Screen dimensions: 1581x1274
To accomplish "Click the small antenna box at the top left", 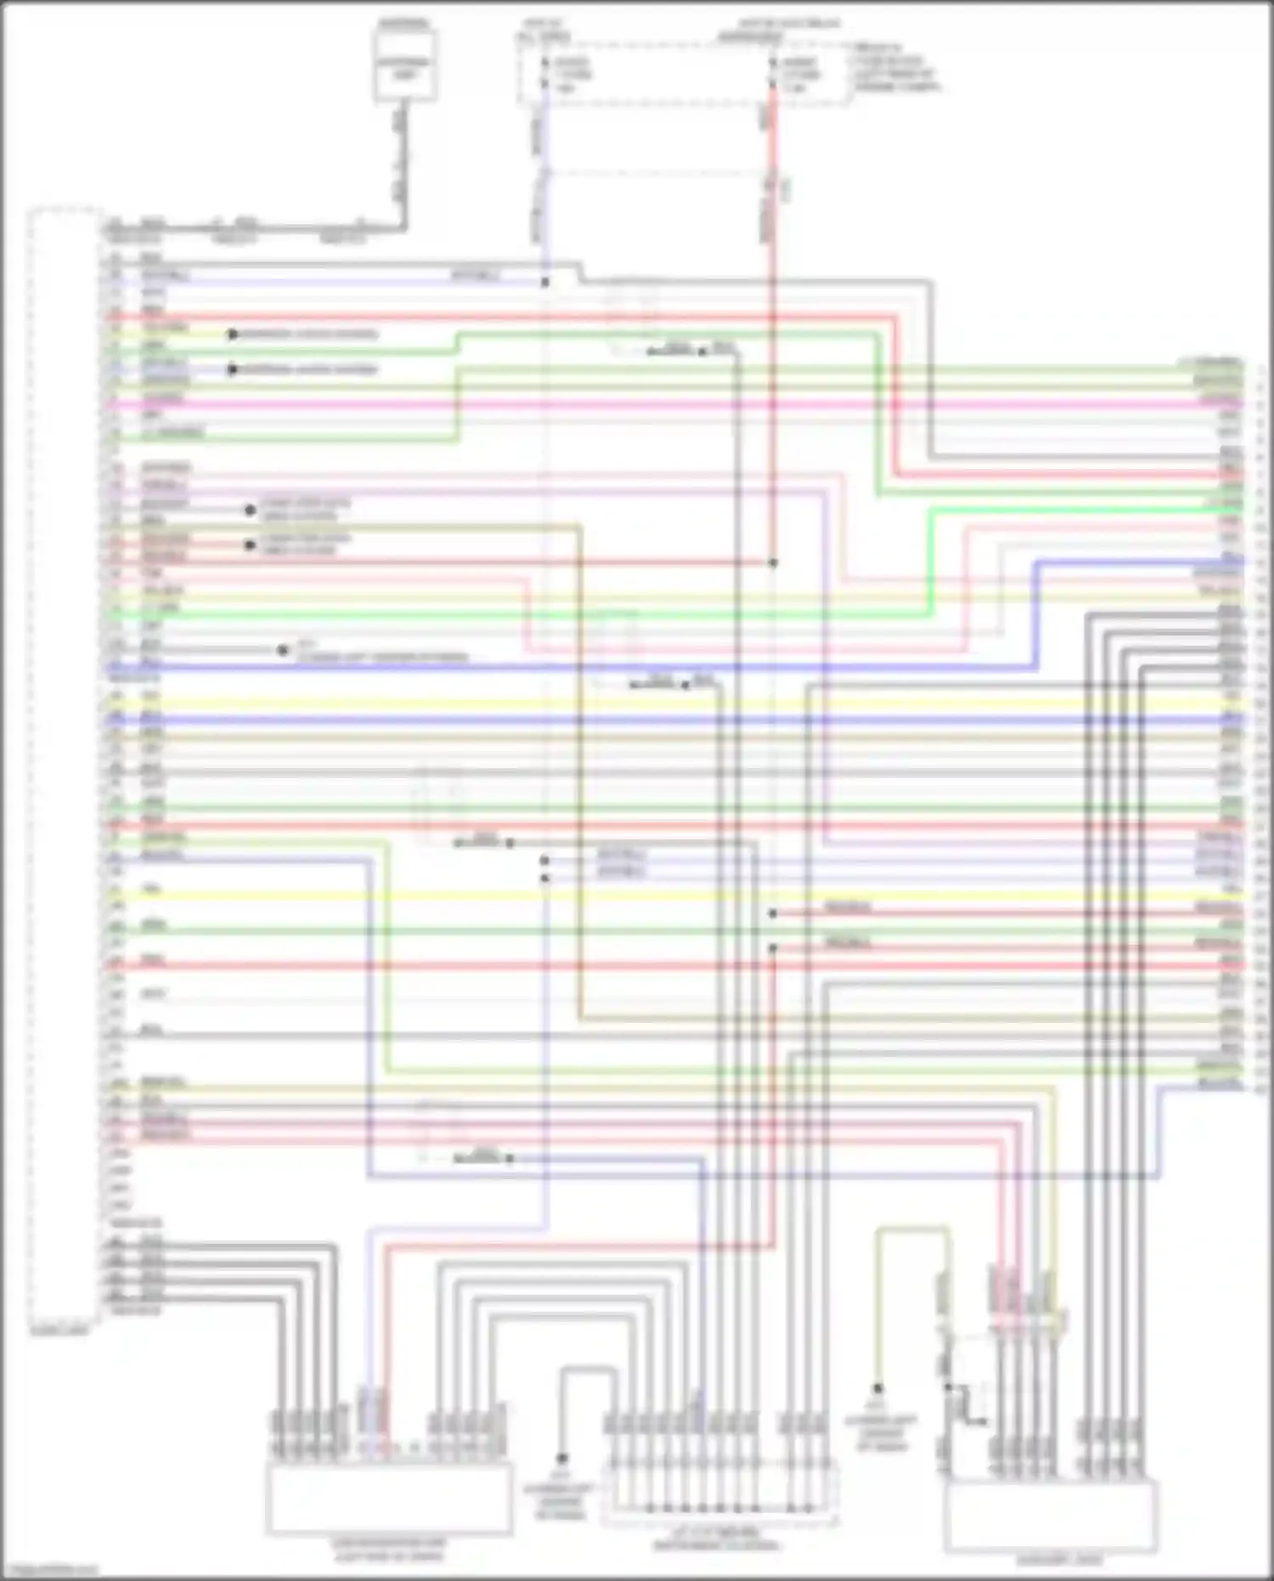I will tap(406, 65).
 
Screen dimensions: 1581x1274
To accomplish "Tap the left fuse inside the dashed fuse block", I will tap(545, 74).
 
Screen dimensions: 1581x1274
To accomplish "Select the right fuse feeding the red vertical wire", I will tap(773, 74).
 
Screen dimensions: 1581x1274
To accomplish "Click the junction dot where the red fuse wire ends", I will tap(773, 562).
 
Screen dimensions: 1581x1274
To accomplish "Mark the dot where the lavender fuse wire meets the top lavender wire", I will tap(545, 282).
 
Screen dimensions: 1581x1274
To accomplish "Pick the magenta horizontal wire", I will tap(679, 404).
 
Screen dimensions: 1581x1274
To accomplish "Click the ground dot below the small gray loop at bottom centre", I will tap(561, 1459).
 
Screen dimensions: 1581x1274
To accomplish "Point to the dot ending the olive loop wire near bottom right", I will tap(878, 1388).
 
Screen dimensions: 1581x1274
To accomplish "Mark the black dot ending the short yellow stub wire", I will tap(233, 334).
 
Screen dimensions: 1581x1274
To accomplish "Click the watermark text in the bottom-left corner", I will tap(49, 1571).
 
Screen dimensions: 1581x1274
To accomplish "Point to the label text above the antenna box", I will tap(404, 23).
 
